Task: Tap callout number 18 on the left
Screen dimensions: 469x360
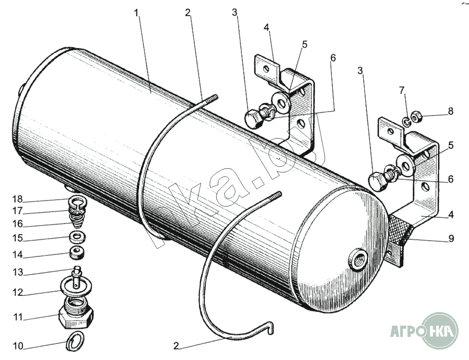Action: pos(17,200)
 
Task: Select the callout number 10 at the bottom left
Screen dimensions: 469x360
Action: pos(17,345)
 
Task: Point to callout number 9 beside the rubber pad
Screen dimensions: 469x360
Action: pos(450,239)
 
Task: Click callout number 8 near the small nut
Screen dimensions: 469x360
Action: pos(450,111)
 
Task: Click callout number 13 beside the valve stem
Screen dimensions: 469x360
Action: pos(17,272)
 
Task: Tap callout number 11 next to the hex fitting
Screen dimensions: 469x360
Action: pos(17,317)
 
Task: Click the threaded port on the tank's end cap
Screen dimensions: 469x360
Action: pos(359,259)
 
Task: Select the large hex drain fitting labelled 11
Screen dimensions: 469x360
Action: pos(77,314)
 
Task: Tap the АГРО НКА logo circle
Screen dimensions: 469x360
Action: pos(440,330)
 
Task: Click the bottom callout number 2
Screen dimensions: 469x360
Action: pos(177,345)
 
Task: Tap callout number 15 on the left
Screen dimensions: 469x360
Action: pos(17,238)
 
